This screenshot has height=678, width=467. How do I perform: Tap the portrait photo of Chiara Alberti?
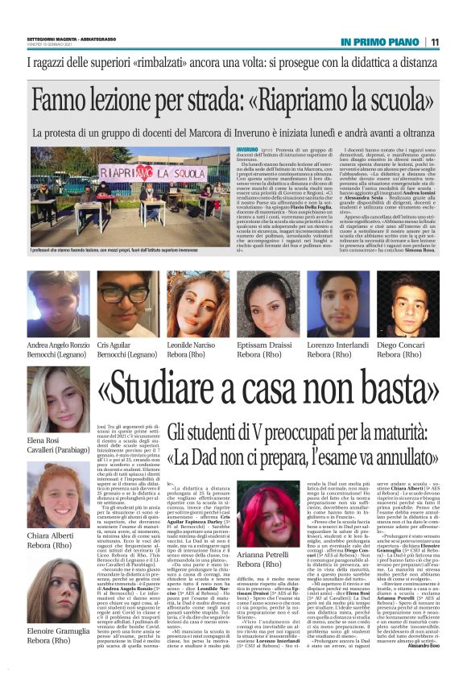[59, 497]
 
